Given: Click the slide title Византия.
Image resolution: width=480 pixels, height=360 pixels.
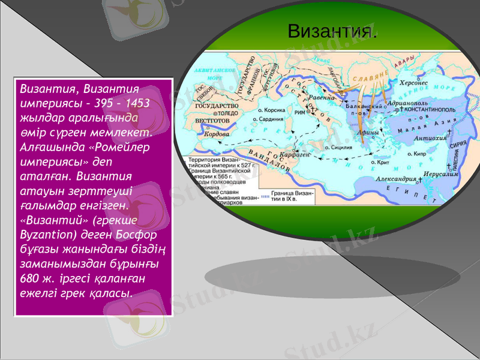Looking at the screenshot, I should click(332, 31).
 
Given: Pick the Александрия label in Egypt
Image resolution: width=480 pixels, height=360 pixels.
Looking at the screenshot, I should click(396, 179).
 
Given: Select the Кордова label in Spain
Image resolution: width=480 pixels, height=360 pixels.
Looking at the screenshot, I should click(214, 134).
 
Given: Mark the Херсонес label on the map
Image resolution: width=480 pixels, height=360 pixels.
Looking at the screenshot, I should click(414, 84).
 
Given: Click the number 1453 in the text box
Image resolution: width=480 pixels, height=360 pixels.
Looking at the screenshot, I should click(137, 102).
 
